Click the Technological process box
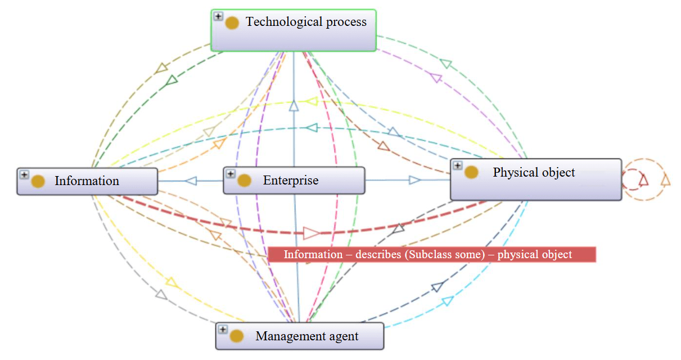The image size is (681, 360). pyautogui.click(x=293, y=30)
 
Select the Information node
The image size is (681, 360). pyautogui.click(x=87, y=181)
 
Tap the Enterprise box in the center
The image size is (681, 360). pyautogui.click(x=294, y=181)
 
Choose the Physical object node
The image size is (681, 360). pyautogui.click(x=535, y=179)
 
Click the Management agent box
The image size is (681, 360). pyautogui.click(x=300, y=336)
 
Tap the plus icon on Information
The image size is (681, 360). pyautogui.click(x=24, y=175)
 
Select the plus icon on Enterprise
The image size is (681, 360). pyautogui.click(x=231, y=174)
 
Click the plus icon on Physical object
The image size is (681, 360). pyautogui.click(x=458, y=166)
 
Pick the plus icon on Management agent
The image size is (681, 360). pyautogui.click(x=223, y=330)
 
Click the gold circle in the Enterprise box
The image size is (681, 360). pyautogui.click(x=244, y=181)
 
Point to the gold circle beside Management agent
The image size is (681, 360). pyautogui.click(x=237, y=336)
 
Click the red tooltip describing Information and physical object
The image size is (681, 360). pyautogui.click(x=431, y=255)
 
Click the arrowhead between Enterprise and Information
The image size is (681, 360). pyautogui.click(x=191, y=181)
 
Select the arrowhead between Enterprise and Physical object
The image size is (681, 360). pyautogui.click(x=415, y=180)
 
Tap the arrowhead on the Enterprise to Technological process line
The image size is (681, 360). pyautogui.click(x=293, y=106)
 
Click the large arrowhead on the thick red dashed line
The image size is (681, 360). pyautogui.click(x=311, y=232)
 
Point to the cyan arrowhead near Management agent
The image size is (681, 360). pyautogui.click(x=447, y=301)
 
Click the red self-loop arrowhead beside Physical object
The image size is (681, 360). pyautogui.click(x=644, y=179)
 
